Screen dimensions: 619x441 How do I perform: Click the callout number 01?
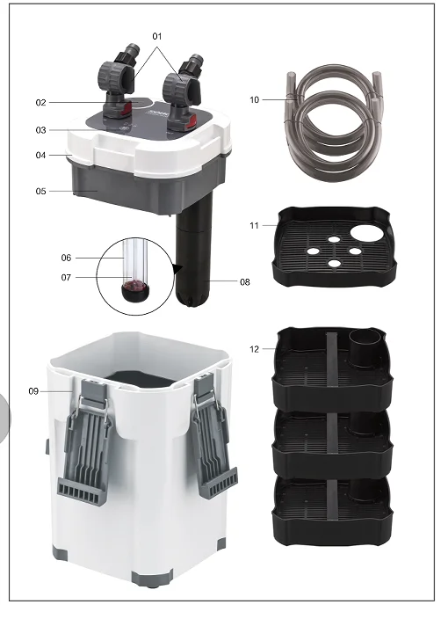158,36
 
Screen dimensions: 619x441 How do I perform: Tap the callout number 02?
40,103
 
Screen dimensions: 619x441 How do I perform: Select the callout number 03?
40,130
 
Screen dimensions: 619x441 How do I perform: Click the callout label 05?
40,190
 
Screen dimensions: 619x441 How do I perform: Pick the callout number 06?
66,258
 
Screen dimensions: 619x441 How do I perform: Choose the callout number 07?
66,278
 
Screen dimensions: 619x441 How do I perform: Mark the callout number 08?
245,282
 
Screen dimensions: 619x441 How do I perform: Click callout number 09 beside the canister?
34,390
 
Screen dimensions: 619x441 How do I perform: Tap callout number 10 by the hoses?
255,100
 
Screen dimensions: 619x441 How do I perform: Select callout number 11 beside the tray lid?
254,226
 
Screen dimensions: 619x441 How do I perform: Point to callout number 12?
254,349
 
